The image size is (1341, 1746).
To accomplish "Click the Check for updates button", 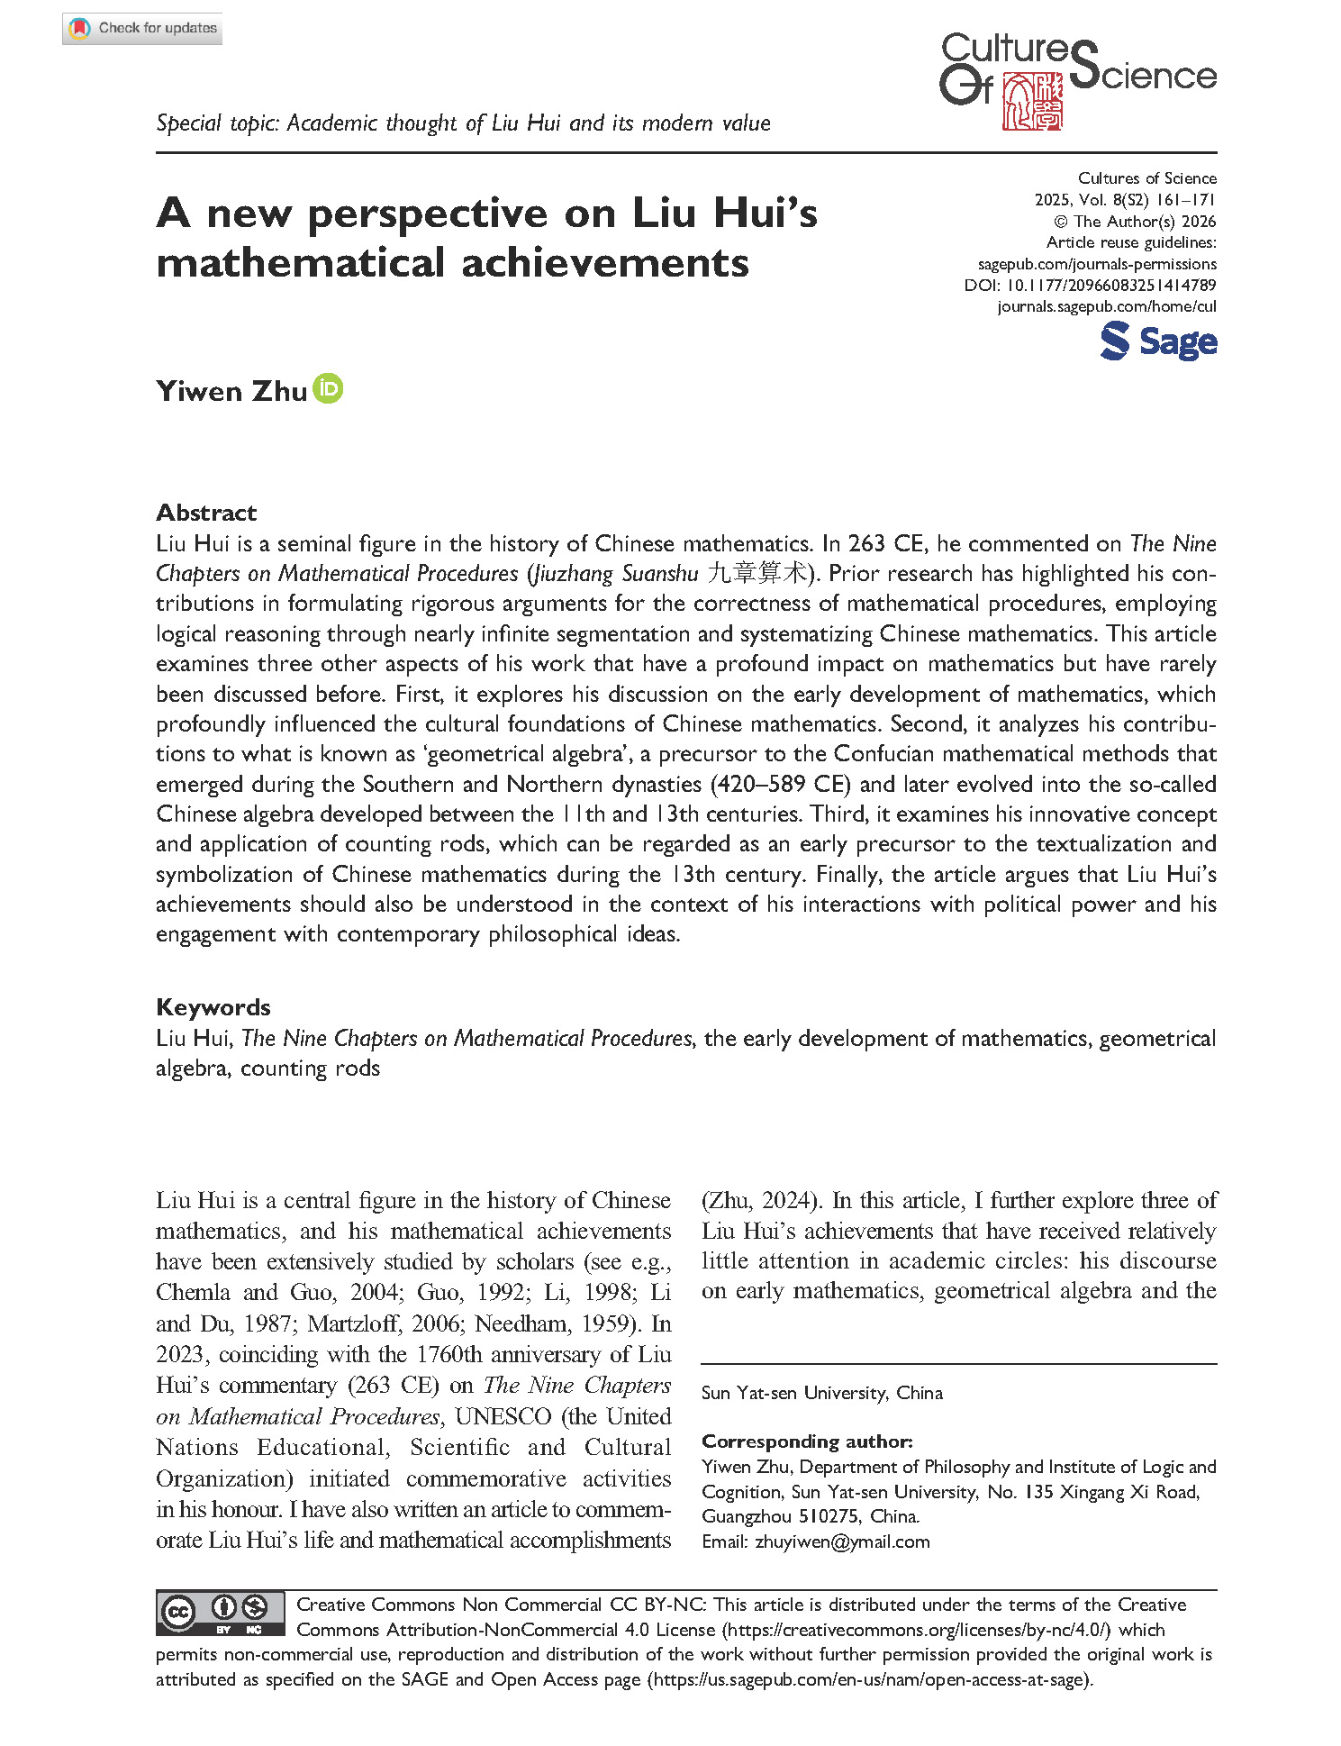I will pos(142,29).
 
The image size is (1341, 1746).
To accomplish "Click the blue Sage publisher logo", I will pos(1158,342).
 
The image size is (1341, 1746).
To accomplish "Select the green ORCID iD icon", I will pos(328,389).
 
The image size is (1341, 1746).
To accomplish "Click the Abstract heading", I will pos(206,513).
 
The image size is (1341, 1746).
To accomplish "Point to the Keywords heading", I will pos(213,1007).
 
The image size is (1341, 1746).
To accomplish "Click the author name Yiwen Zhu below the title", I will pos(231,392).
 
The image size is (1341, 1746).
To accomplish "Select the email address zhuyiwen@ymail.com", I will pos(842,1541).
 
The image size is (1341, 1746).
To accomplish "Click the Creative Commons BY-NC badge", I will pos(220,1612).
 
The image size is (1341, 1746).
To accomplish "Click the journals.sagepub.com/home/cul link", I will pos(1107,307).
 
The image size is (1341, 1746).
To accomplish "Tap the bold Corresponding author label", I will pos(807,1441).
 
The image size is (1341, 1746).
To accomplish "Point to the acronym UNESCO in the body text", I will pos(503,1417).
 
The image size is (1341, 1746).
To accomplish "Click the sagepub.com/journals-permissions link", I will pos(1097,265).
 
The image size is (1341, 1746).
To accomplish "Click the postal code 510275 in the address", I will pos(830,1516).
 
